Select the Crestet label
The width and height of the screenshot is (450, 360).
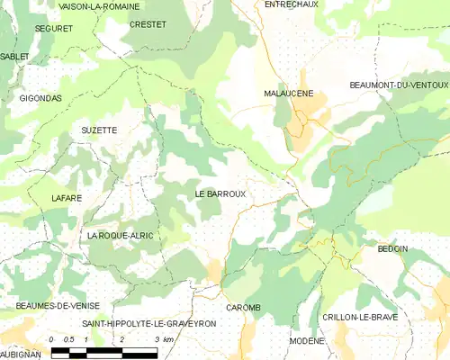click(148, 24)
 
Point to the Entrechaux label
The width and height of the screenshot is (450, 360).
click(292, 4)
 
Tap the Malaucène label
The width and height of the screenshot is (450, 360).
click(288, 94)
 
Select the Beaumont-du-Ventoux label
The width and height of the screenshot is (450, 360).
click(399, 85)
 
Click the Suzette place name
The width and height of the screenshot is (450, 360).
click(99, 130)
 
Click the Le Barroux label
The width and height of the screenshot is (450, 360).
click(220, 193)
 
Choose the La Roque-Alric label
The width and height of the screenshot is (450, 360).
click(120, 236)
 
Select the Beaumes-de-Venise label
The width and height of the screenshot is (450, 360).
click(50, 307)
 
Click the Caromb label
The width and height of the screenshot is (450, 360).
click(243, 308)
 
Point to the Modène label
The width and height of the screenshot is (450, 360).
click(307, 342)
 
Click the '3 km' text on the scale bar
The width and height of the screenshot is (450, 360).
click(163, 339)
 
